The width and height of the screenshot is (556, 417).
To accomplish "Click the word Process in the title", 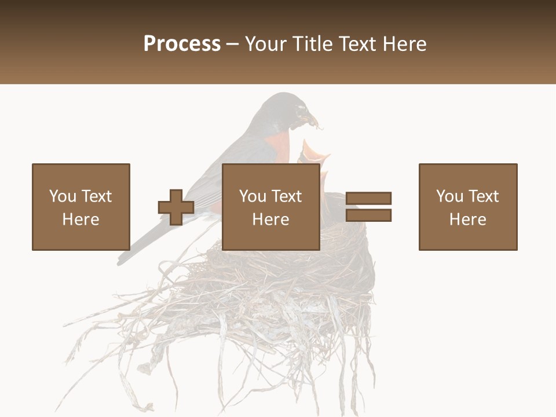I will point(182,44).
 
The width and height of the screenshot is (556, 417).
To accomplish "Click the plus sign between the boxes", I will point(176,207).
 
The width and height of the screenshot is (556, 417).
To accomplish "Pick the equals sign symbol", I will point(368,207).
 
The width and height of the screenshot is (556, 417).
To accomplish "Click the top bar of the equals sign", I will point(368,198).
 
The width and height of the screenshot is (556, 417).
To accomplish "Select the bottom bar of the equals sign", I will point(368,215).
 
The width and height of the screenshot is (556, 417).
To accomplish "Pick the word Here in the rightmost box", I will point(467,220).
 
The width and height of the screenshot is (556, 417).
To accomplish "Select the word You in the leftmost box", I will point(63,196).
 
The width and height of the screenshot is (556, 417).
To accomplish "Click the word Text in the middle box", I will point(287,196).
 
